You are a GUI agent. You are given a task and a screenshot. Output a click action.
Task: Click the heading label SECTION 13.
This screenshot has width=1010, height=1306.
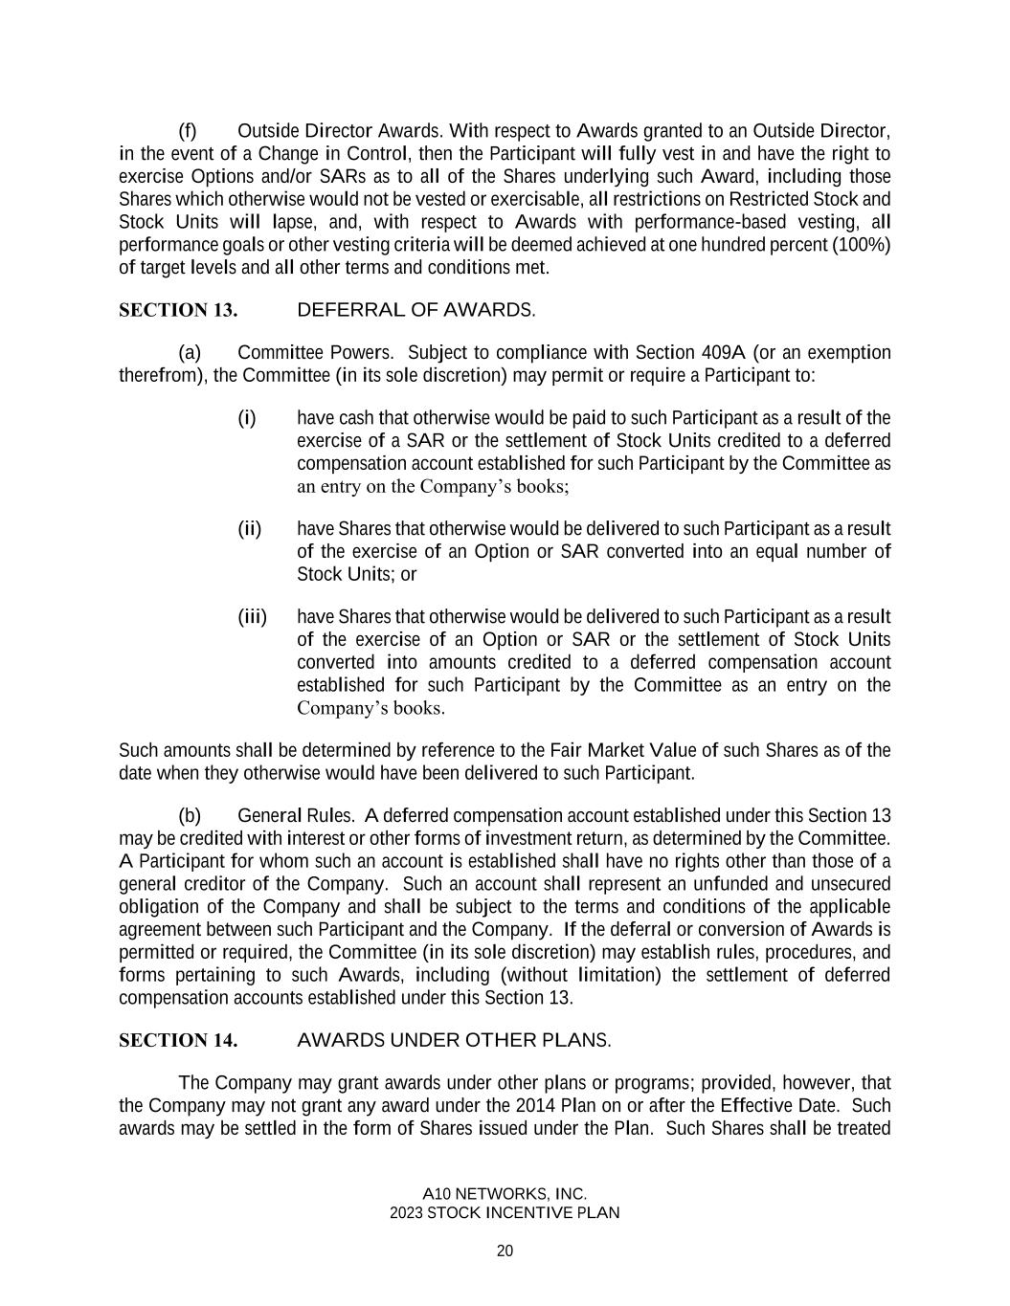tap(178, 310)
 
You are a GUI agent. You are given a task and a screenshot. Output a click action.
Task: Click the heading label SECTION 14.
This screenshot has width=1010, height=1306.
tap(178, 1040)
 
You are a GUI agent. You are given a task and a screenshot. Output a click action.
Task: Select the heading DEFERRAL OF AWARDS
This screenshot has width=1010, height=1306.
tap(416, 310)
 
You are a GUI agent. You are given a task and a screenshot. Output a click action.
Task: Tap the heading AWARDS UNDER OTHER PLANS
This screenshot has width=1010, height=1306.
tap(454, 1040)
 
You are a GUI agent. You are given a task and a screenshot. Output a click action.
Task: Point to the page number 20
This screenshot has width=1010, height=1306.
tap(505, 1251)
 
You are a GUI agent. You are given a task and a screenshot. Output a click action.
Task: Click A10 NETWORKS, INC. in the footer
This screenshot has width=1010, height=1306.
tap(505, 1194)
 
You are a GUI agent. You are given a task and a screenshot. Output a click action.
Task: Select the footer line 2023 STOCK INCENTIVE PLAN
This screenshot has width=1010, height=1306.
tap(505, 1213)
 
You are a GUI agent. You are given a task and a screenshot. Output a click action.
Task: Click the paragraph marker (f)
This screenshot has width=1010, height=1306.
tap(188, 130)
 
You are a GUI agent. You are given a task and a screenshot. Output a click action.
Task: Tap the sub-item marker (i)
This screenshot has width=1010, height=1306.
tap(247, 417)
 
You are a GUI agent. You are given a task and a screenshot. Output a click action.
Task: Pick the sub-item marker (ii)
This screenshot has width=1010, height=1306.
tap(250, 528)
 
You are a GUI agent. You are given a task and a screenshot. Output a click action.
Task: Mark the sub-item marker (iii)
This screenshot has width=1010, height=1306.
tap(253, 616)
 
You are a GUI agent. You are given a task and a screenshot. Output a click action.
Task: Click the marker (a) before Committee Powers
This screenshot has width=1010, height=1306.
tap(190, 352)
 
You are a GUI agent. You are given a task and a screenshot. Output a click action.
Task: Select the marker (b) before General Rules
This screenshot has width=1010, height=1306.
tap(190, 815)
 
